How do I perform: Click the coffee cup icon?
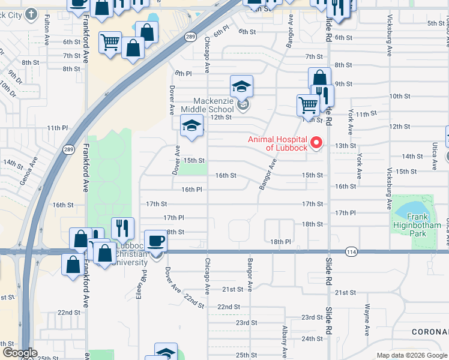tap(155, 241)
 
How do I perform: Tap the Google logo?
tap(19, 352)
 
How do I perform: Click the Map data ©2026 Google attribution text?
tap(411, 355)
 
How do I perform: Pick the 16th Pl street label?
tap(191, 190)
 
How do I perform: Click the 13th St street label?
tap(345, 146)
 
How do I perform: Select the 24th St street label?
tap(312, 339)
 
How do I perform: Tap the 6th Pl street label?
tap(221, 29)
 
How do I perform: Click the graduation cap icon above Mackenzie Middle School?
tap(241, 86)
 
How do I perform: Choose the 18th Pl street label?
tap(280, 242)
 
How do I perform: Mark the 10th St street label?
tap(399, 96)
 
